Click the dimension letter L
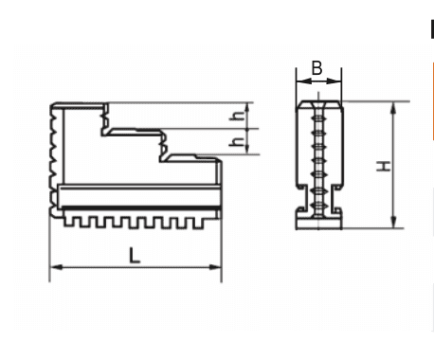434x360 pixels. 135,256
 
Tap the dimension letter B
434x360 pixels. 316,67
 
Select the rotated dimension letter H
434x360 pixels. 384,166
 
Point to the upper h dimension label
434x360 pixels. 238,116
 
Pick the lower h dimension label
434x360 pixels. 238,142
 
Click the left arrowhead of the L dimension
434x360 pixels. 56,267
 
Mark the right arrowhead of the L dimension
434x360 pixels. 215,267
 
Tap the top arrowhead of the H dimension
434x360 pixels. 393,108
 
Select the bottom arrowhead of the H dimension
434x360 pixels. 393,222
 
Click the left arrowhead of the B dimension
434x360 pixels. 303,81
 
